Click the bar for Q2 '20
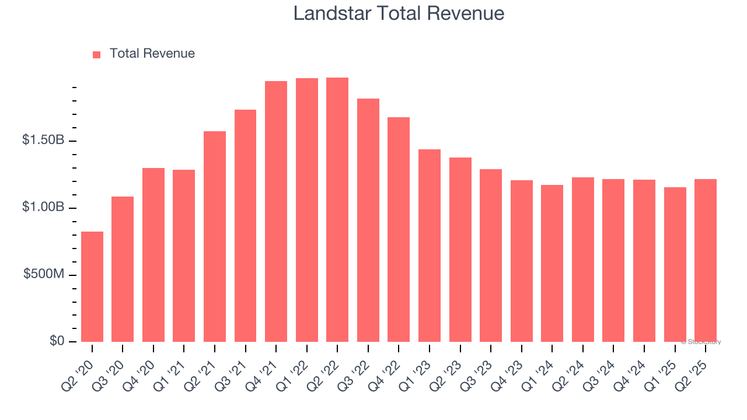coord(92,286)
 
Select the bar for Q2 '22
coord(337,209)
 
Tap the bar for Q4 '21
coord(276,211)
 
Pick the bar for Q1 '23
coord(430,246)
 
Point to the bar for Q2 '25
coord(706,260)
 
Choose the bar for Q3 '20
coord(123,269)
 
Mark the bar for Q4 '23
coord(522,261)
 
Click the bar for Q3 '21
coord(245,226)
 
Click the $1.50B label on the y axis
coord(43,141)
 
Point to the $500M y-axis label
coord(44,274)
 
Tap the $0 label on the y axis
coord(57,341)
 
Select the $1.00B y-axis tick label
coord(43,208)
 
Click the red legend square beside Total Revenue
coord(97,54)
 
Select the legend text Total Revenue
coord(152,54)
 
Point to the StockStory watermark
coord(701,342)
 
